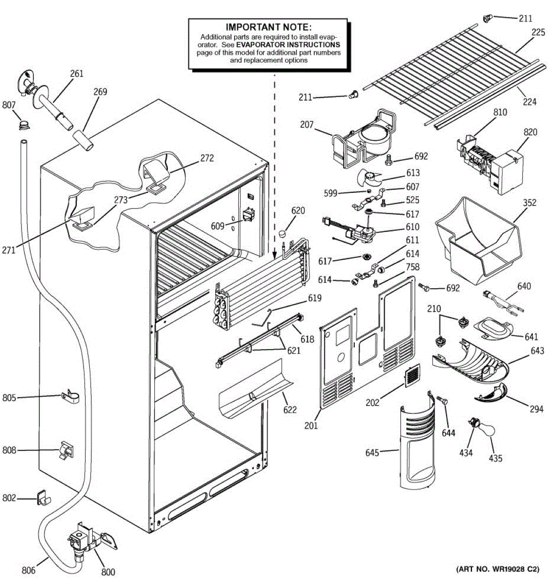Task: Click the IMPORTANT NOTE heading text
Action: pyautogui.click(x=268, y=27)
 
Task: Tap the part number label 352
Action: pyautogui.click(x=529, y=203)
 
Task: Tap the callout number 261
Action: pyautogui.click(x=77, y=73)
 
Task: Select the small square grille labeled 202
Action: pyautogui.click(x=412, y=375)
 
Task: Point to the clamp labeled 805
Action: pyautogui.click(x=71, y=396)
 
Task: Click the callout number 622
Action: pyautogui.click(x=290, y=410)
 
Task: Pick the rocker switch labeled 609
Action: pyautogui.click(x=248, y=215)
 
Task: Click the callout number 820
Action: pyautogui.click(x=530, y=132)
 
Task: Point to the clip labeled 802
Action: pyautogui.click(x=43, y=498)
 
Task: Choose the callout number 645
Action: pyautogui.click(x=372, y=453)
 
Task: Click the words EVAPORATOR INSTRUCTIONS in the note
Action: pyautogui.click(x=288, y=45)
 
